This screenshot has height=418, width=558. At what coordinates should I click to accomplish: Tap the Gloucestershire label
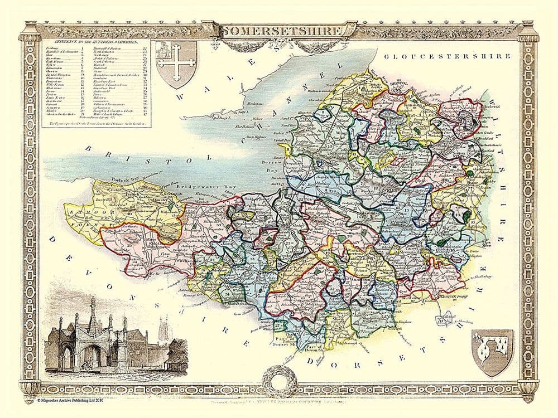[x=447, y=56]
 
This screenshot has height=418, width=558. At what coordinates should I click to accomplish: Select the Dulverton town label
[x=129, y=259]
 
